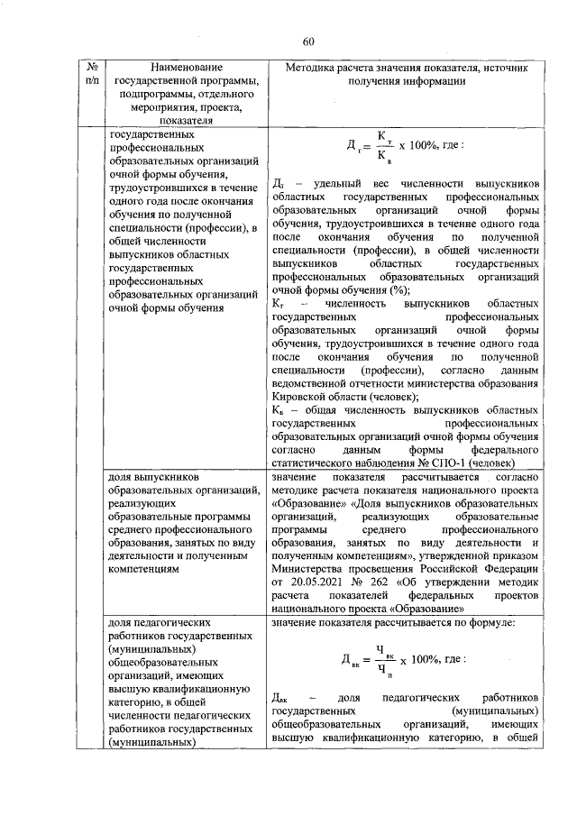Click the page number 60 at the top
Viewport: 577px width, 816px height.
point(308,41)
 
